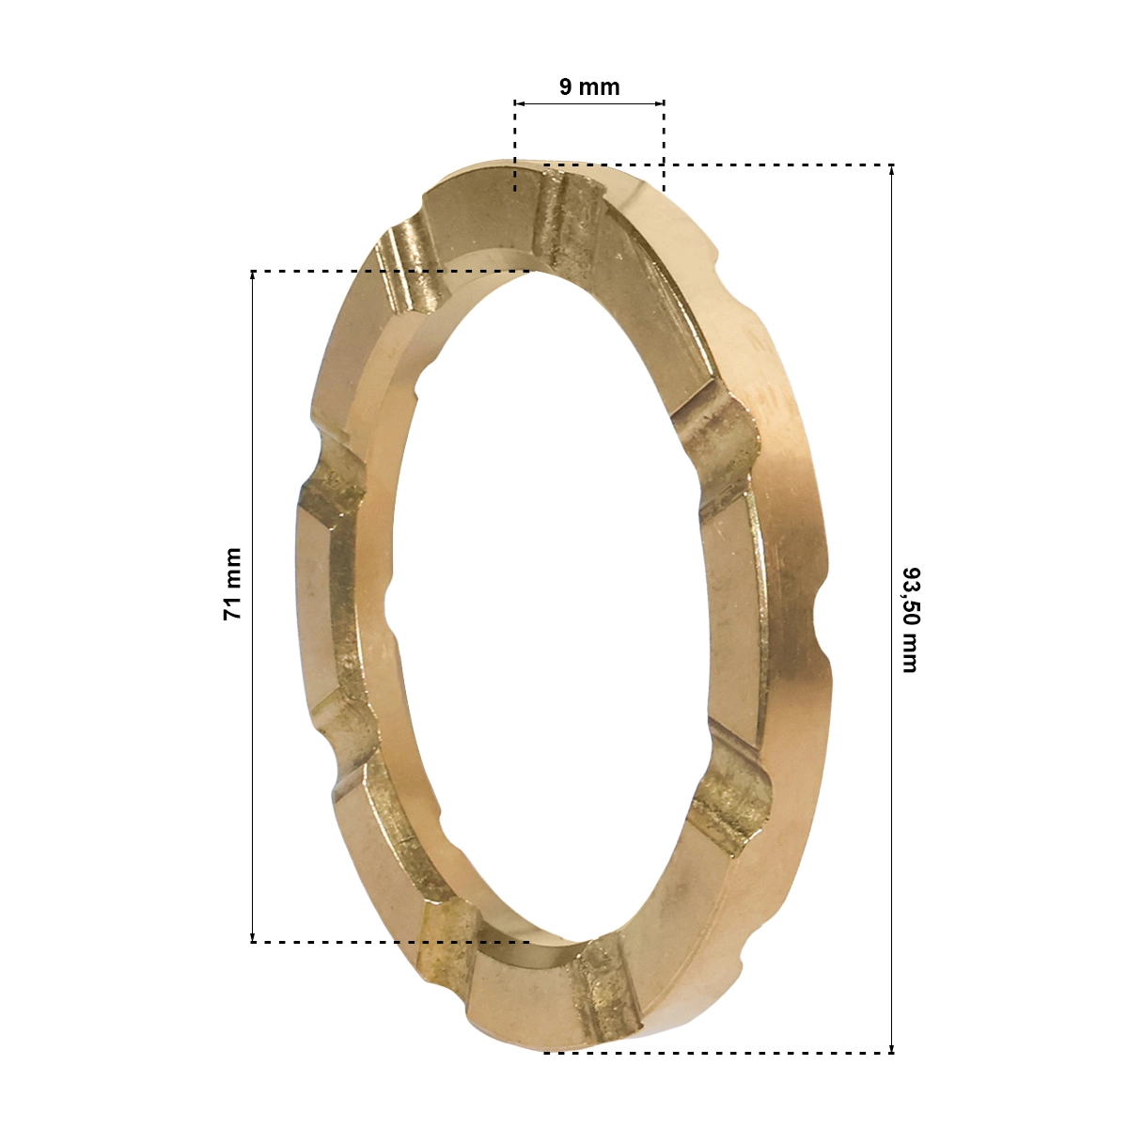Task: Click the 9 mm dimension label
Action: point(588,87)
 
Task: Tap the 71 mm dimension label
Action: point(232,584)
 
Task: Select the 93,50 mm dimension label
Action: point(910,619)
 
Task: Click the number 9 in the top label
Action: point(566,87)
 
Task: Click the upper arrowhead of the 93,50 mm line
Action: point(891,170)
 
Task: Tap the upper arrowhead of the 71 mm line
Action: point(252,276)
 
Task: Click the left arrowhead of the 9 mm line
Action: point(519,103)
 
